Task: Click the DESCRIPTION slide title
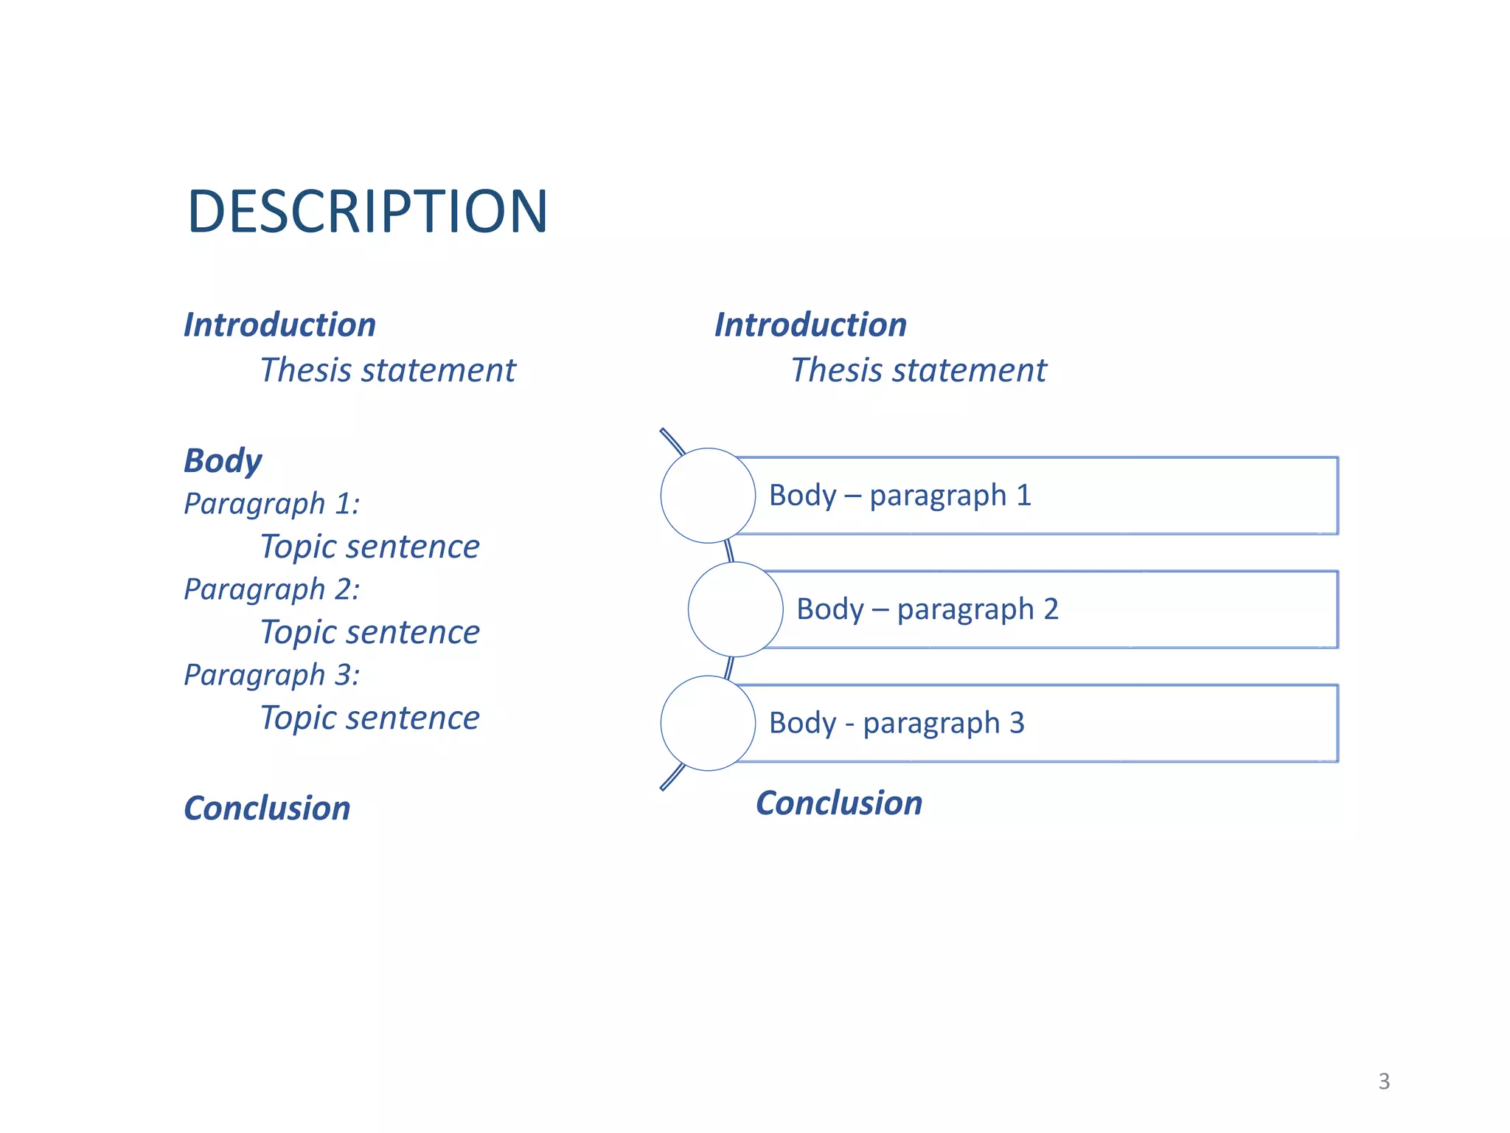(x=367, y=212)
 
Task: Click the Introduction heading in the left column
(x=279, y=325)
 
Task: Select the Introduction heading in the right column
(x=810, y=325)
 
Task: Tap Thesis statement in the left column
(x=388, y=370)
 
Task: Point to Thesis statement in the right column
(x=919, y=370)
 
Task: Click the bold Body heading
(x=223, y=460)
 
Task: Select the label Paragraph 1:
(x=272, y=503)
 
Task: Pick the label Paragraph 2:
(x=272, y=589)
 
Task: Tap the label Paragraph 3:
(x=272, y=674)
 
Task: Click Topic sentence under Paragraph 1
(x=370, y=547)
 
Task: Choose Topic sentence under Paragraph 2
(x=370, y=632)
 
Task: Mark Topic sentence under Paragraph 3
(x=370, y=718)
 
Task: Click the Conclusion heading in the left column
(x=267, y=808)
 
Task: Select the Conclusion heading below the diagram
(x=839, y=803)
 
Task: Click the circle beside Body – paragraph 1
(x=708, y=496)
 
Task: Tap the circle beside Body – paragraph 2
(x=735, y=609)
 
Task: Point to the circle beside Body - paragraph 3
(x=708, y=723)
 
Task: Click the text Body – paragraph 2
(x=928, y=609)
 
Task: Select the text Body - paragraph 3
(x=897, y=723)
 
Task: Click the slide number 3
(x=1384, y=1081)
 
